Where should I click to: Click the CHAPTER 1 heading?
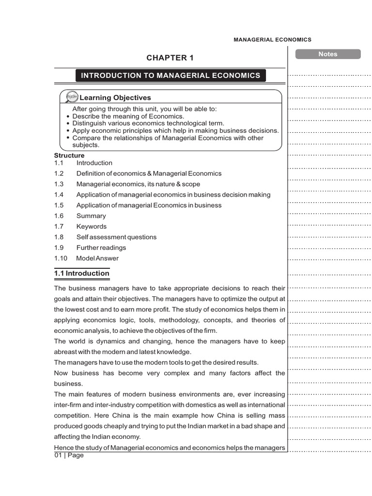tap(170, 58)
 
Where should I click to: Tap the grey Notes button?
tap(327, 54)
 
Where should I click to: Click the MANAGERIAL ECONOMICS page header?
tap(272, 40)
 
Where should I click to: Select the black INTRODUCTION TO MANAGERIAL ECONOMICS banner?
tap(170, 76)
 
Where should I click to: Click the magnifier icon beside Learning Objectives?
tap(72, 97)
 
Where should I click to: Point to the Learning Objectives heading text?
tap(115, 98)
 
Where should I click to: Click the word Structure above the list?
tap(69, 155)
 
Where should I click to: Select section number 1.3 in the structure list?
tap(59, 184)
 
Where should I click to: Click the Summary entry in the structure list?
tap(91, 216)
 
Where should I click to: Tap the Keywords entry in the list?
tap(92, 227)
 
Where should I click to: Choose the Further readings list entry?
tap(101, 248)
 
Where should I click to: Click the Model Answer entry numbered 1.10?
tap(97, 259)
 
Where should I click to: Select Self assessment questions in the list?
tap(116, 237)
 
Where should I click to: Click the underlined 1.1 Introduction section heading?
tap(82, 274)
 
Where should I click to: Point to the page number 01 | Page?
tap(69, 455)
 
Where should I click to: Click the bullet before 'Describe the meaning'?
tap(67, 117)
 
